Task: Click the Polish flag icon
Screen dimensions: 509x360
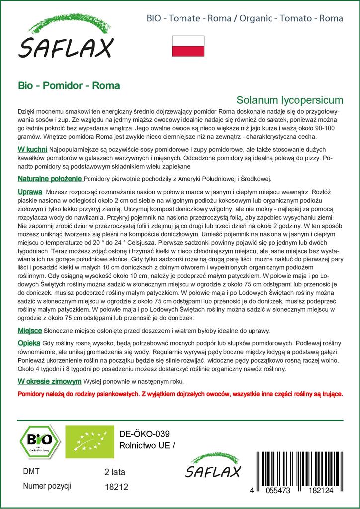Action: click(187, 46)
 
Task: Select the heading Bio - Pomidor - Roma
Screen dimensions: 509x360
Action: click(69, 85)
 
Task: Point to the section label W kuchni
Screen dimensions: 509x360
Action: click(32, 149)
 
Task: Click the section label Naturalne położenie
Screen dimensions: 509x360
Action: click(50, 179)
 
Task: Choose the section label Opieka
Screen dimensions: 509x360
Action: click(29, 343)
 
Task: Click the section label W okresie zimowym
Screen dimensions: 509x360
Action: click(49, 382)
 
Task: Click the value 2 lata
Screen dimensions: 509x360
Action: click(114, 472)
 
